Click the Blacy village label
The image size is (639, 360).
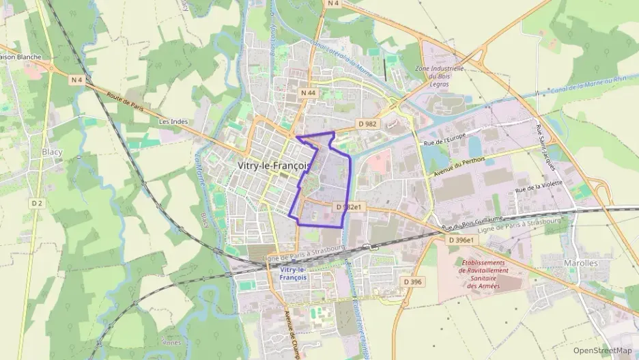[x=52, y=152]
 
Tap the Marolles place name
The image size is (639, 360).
[x=581, y=263]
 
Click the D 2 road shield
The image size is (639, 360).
[x=37, y=204]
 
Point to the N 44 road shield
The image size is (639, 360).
[x=309, y=91]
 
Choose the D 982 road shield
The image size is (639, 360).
[x=367, y=124]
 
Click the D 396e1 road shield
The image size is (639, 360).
[x=461, y=240]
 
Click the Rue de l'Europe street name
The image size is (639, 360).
[x=444, y=141]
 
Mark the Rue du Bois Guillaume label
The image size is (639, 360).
[x=472, y=222]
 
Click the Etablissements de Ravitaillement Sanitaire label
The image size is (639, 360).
[x=483, y=274]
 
